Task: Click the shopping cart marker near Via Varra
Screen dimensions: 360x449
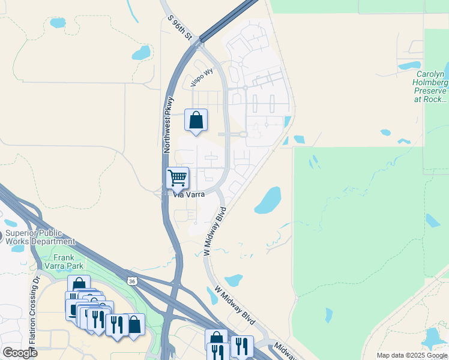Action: click(177, 178)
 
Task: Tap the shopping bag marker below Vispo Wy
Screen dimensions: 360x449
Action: click(196, 120)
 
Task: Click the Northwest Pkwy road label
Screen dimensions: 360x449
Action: click(168, 125)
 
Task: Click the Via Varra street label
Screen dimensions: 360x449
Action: click(189, 194)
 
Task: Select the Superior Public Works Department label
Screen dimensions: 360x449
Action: click(40, 236)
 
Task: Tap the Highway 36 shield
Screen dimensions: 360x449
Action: click(131, 281)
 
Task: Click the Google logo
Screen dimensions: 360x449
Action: click(19, 353)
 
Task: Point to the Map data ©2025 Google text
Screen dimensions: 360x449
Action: click(412, 355)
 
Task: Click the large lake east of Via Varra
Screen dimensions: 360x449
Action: click(268, 200)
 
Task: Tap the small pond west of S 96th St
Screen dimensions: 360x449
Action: click(142, 53)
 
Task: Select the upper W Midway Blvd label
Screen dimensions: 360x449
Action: click(215, 232)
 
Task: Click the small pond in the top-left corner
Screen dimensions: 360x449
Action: click(58, 23)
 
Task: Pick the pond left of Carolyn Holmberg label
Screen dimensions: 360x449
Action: click(409, 65)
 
